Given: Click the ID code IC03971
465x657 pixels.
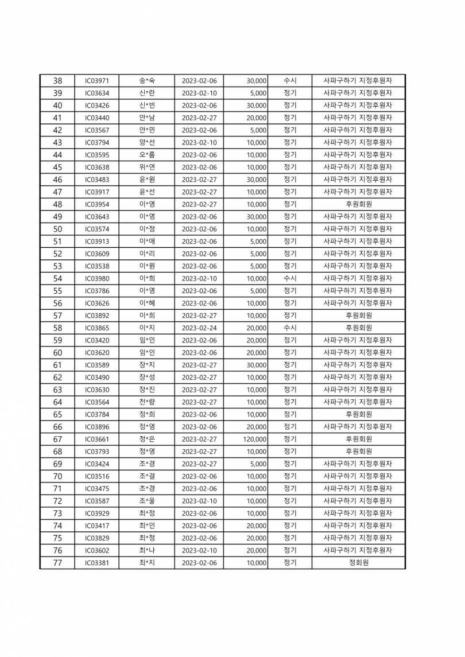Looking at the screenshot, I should click(96, 81).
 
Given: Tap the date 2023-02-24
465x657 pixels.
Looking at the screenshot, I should click(199, 328).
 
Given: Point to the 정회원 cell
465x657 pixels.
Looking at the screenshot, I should click(358, 563).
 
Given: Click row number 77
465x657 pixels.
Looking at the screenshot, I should click(57, 563).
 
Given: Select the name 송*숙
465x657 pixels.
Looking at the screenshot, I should click(147, 81).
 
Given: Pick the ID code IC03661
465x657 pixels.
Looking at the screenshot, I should click(96, 440).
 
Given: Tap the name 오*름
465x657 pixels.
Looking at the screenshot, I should click(147, 155).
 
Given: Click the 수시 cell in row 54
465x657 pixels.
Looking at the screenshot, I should click(290, 278).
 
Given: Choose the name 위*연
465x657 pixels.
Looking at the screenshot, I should click(147, 168).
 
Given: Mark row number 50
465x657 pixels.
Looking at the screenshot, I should click(57, 229).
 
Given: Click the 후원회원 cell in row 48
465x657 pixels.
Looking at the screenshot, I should click(358, 204).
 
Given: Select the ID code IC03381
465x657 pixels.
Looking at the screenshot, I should click(96, 563).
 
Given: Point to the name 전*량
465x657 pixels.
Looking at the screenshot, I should click(147, 402).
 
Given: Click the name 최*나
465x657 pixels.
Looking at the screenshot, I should click(147, 550).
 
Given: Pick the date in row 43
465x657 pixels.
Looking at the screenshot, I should click(199, 143).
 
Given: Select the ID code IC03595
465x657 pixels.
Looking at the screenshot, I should click(96, 155).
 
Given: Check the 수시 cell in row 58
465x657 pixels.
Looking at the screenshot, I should click(290, 328).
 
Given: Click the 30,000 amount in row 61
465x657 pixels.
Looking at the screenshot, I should click(257, 365).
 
